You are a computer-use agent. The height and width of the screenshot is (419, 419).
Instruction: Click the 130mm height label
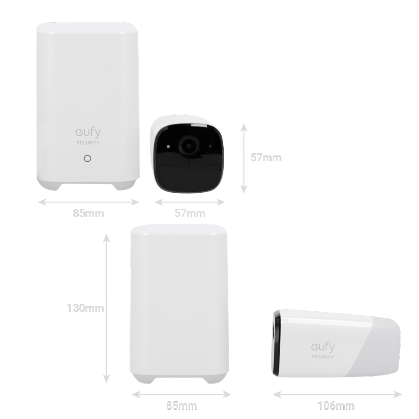pos(85,308)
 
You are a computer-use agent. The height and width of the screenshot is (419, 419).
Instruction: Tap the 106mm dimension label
pos(336,406)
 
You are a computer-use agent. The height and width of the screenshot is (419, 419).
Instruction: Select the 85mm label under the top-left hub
pos(88,213)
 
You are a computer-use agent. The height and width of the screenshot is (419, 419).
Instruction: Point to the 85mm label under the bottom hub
pos(181,406)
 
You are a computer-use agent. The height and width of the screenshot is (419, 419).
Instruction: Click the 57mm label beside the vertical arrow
pos(266,158)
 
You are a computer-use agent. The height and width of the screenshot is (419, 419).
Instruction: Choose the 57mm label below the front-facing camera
pos(190,213)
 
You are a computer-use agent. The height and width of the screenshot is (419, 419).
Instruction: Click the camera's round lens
pos(189,146)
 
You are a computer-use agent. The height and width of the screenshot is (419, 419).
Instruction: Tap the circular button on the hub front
pos(88,158)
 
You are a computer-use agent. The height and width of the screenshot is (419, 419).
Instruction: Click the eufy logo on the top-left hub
pos(88,133)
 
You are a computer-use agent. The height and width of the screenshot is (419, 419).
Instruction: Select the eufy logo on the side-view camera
pos(323,347)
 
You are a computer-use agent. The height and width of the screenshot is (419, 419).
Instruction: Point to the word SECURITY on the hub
pos(88,143)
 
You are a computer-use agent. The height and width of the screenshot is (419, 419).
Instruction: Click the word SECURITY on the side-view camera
pos(322,357)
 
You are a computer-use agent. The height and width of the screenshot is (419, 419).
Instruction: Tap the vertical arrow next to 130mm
pos(106,308)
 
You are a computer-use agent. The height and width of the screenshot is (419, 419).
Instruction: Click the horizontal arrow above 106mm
pos(337,394)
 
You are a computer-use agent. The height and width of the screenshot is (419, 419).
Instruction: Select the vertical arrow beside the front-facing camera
pos(243,158)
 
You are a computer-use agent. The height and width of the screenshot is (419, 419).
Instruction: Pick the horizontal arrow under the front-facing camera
pos(190,202)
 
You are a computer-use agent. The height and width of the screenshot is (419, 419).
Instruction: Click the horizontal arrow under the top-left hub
pos(88,202)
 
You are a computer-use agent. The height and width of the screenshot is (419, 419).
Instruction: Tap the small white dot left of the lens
pos(168,146)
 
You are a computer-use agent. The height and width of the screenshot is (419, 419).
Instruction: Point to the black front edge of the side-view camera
pos(276,344)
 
